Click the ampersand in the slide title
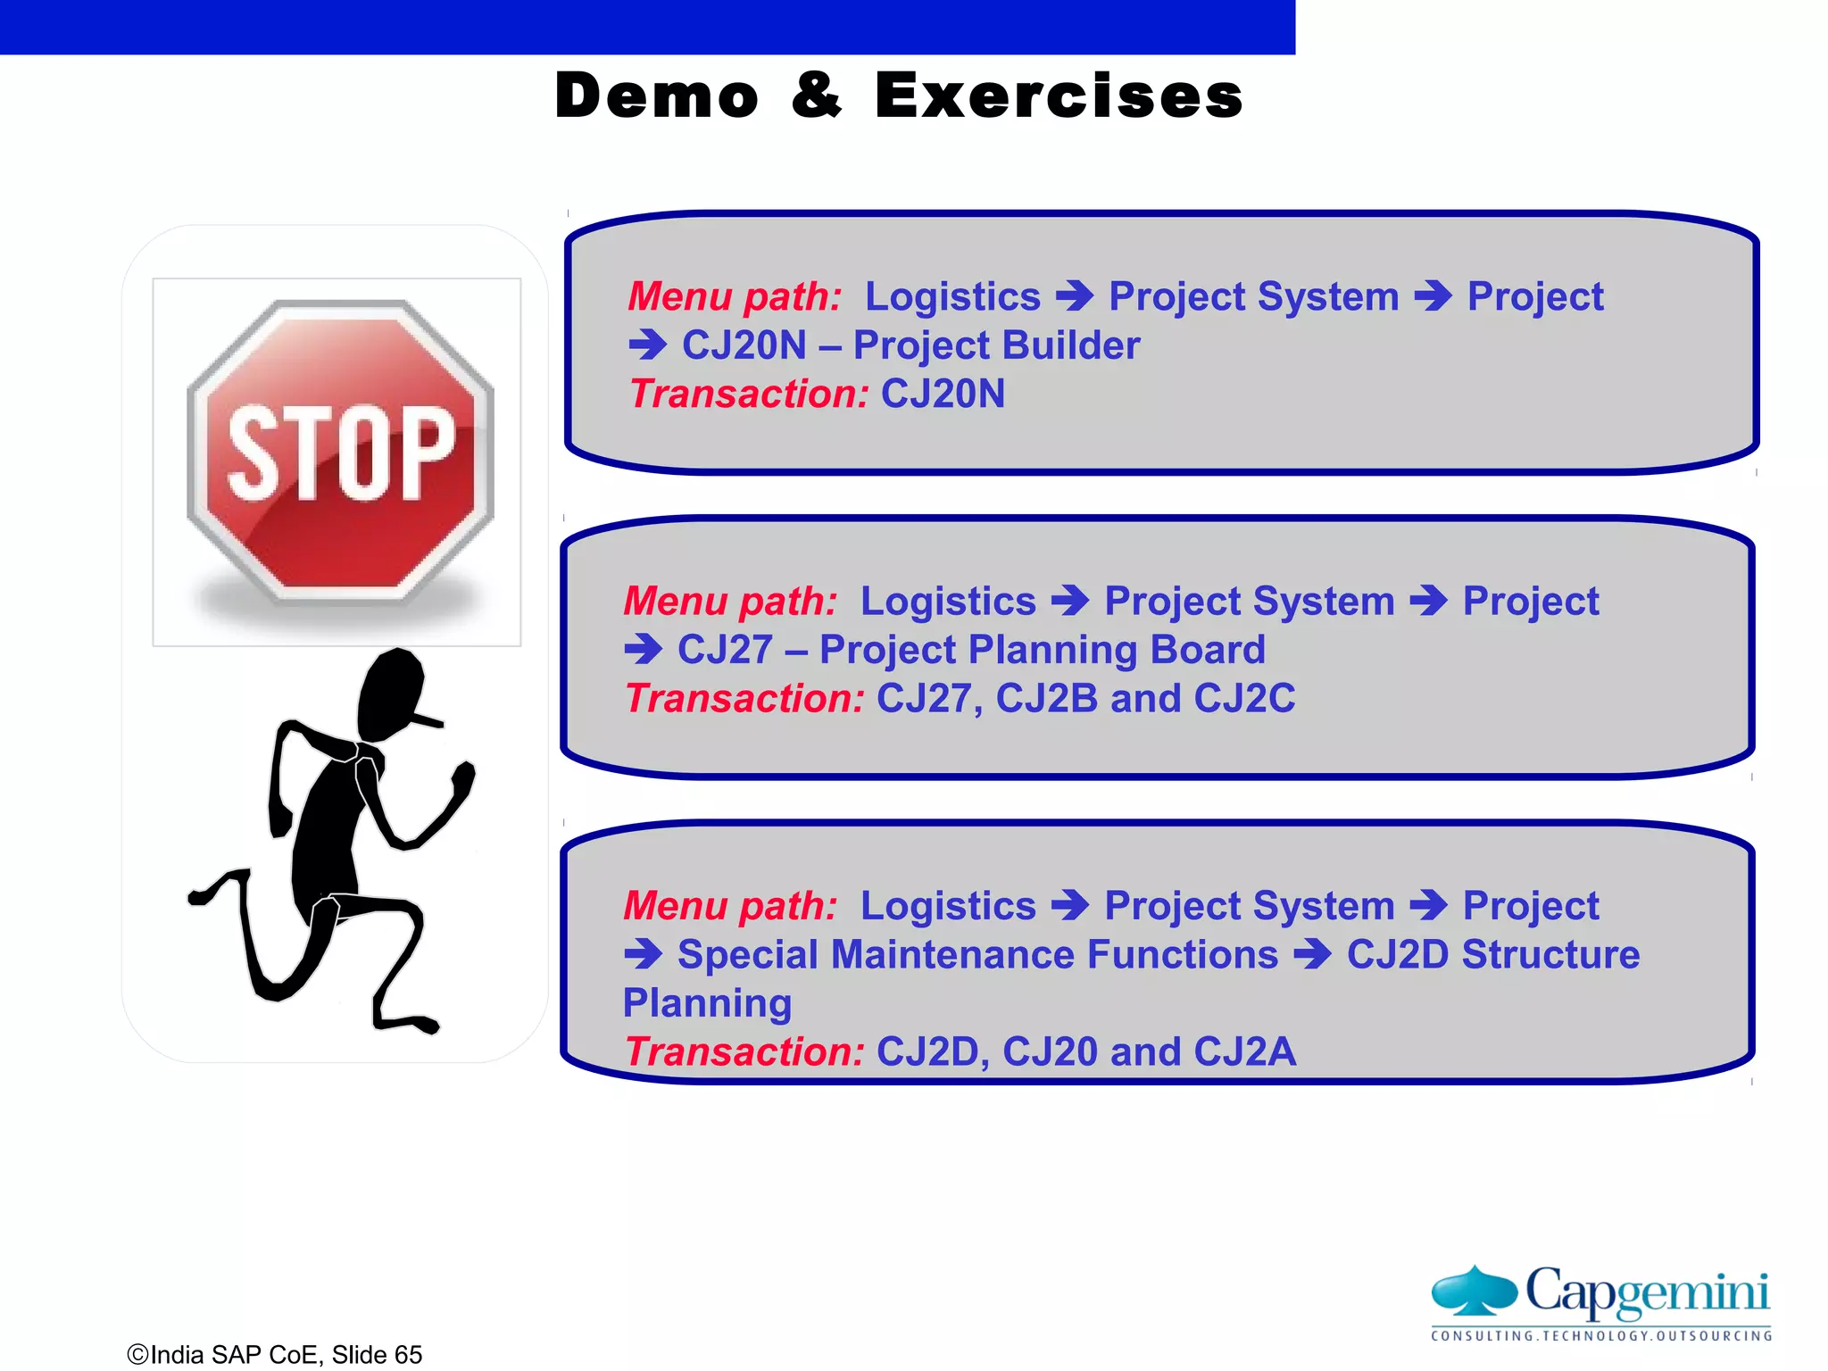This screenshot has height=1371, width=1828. (816, 96)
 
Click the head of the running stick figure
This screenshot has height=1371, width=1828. (391, 691)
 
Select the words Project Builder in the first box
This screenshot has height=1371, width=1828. (996, 345)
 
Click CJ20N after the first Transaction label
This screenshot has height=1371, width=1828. (943, 394)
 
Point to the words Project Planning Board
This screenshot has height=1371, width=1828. (1042, 650)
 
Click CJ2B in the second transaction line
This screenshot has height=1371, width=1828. (1045, 698)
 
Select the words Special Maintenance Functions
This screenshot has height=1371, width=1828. (977, 954)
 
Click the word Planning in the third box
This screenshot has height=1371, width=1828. (707, 1003)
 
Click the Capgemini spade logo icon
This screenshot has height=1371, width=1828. (1474, 1291)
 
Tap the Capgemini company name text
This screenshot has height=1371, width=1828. (1647, 1291)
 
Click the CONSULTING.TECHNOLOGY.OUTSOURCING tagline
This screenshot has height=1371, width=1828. (1601, 1336)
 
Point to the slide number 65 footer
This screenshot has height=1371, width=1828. (407, 1354)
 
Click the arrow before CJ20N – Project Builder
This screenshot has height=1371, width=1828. (647, 345)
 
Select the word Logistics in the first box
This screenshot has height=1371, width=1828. (952, 296)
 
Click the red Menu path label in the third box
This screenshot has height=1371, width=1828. (730, 906)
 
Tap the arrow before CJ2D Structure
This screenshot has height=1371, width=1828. (1312, 954)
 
